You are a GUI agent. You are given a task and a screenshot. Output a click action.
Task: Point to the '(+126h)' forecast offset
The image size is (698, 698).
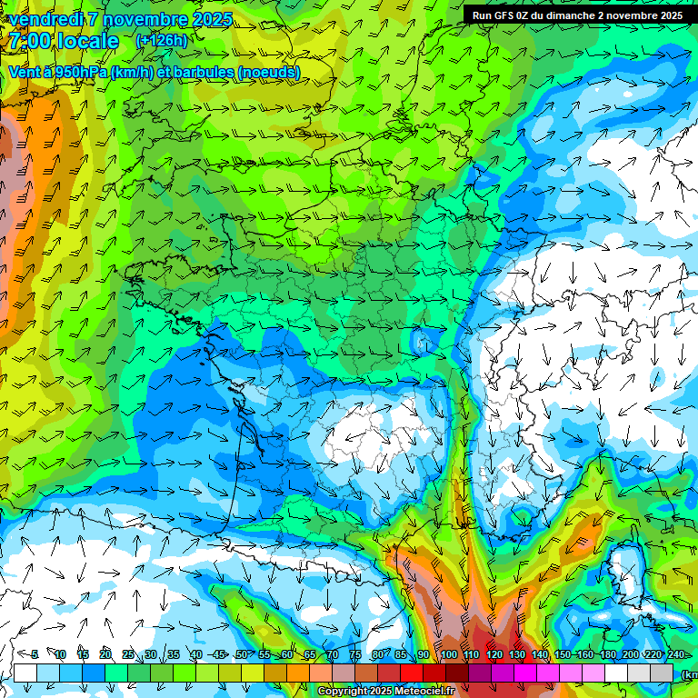click(162, 41)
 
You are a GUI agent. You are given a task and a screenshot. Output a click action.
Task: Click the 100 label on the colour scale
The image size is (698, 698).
click(449, 655)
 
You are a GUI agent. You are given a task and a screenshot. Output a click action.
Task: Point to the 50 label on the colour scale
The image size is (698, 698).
click(241, 655)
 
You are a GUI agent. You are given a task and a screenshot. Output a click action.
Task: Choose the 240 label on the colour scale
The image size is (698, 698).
click(676, 655)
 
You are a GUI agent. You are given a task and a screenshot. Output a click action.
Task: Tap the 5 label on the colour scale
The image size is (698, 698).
click(35, 655)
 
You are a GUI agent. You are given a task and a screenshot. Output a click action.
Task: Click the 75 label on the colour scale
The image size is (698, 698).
click(355, 655)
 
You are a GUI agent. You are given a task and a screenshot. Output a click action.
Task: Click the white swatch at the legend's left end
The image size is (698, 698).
click(25, 673)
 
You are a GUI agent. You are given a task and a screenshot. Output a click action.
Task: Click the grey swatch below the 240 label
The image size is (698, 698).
click(662, 673)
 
